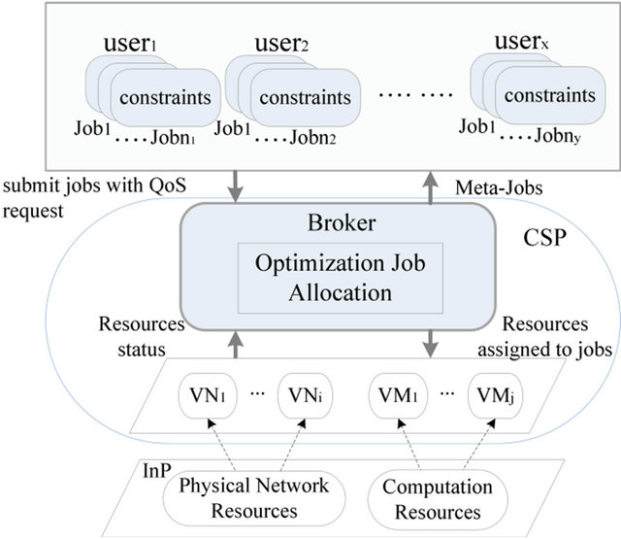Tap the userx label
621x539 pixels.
tap(525, 47)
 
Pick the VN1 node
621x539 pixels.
tap(208, 397)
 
